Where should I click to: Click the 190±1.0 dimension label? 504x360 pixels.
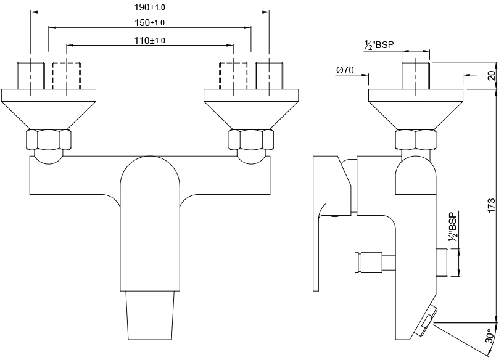tap(149, 7)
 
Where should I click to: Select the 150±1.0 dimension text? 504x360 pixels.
tap(149, 22)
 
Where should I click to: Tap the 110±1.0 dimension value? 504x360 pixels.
tap(149, 41)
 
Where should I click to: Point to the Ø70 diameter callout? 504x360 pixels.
tap(345, 70)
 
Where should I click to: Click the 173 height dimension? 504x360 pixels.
tap(492, 205)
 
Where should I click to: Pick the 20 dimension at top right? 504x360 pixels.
tap(492, 75)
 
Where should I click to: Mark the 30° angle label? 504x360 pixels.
tap(490, 336)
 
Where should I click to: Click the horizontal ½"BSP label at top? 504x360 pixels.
tap(379, 45)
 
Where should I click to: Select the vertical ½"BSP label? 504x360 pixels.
tap(453, 227)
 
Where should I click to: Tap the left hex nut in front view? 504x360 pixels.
tap(49, 140)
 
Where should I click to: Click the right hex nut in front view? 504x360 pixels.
tap(251, 140)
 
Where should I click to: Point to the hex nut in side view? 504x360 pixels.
tap(416, 140)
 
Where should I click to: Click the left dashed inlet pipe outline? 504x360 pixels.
tap(67, 75)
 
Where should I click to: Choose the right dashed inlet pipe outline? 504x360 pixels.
tap(233, 75)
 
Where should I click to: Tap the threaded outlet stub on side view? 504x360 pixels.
tap(442, 263)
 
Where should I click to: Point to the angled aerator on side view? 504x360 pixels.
tap(426, 321)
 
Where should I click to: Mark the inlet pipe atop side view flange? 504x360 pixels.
tap(416, 75)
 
